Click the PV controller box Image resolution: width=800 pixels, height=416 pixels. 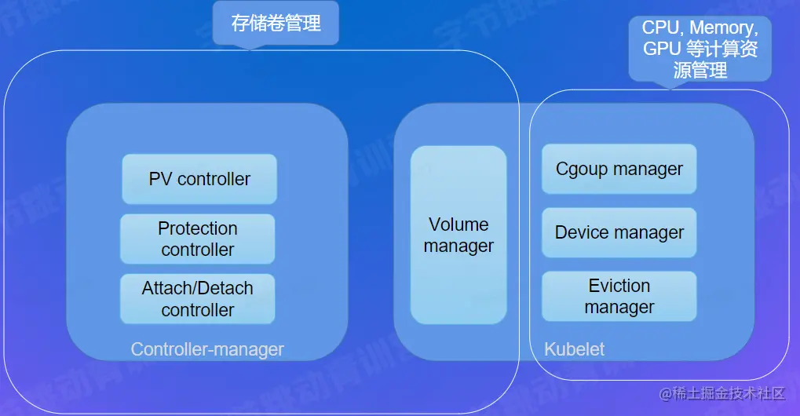click(x=199, y=179)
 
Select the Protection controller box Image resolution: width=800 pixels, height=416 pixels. click(x=197, y=239)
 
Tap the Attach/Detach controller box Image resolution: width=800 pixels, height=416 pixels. click(x=197, y=298)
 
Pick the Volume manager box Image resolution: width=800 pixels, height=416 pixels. click(x=458, y=235)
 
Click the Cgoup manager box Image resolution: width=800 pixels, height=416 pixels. click(x=619, y=169)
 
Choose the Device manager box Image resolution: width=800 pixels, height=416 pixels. click(x=619, y=232)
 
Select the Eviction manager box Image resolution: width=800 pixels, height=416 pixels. click(x=619, y=296)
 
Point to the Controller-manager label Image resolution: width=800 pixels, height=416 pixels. click(x=207, y=349)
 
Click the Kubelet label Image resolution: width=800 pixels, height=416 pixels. click(x=575, y=349)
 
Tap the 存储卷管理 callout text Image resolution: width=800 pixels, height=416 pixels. click(x=276, y=24)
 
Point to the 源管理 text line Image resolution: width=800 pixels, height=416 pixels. click(x=700, y=70)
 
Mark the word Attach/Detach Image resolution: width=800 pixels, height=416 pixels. click(x=197, y=288)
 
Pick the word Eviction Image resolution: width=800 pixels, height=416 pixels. click(x=619, y=286)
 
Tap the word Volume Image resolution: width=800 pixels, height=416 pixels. click(x=458, y=224)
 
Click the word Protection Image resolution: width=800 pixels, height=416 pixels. click(x=197, y=228)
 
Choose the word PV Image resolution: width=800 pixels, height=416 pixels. click(x=160, y=179)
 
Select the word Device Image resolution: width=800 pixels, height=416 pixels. click(x=581, y=232)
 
